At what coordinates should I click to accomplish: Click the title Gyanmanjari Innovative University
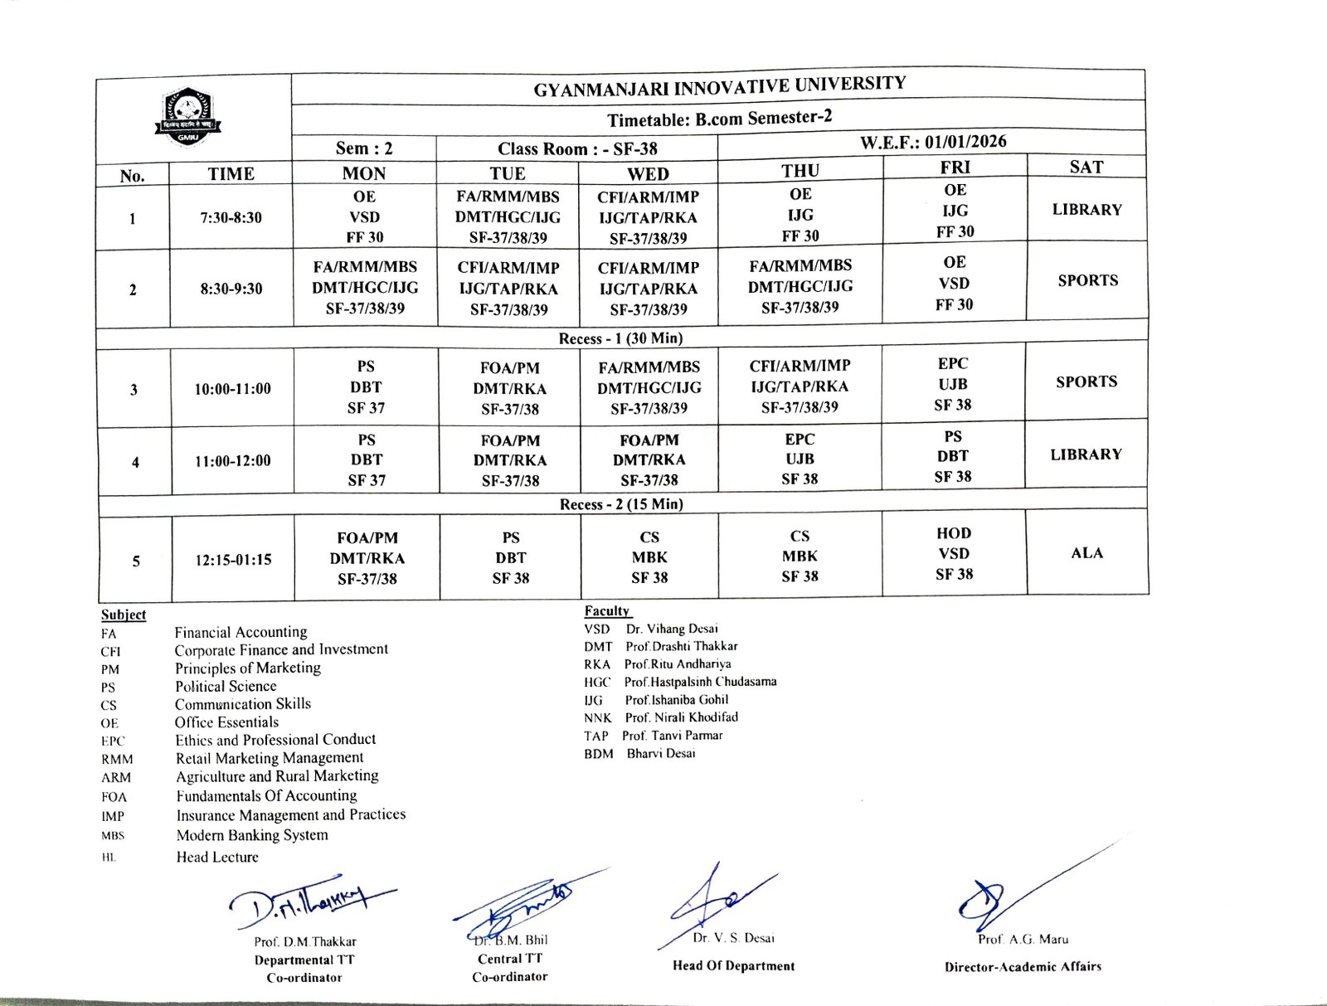[x=719, y=86]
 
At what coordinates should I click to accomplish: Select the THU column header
[x=800, y=170]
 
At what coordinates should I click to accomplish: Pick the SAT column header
[x=1086, y=167]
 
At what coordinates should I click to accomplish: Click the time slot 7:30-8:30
[x=231, y=218]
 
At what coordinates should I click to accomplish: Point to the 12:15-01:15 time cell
[x=233, y=560]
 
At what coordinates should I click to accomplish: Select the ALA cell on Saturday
[x=1086, y=553]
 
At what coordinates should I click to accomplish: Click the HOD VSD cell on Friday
[x=954, y=553]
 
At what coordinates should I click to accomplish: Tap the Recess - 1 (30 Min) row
[x=620, y=338]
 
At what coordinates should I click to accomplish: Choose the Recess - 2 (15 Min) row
[x=621, y=504]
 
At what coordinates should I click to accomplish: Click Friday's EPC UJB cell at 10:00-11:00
[x=953, y=384]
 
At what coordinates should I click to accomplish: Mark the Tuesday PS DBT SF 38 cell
[x=510, y=557]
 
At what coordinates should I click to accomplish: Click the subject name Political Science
[x=226, y=686]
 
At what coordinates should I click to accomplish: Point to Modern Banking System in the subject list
[x=252, y=835]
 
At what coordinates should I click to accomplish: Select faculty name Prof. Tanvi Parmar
[x=673, y=736]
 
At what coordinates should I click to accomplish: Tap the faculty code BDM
[x=598, y=754]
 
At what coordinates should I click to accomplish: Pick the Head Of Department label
[x=733, y=965]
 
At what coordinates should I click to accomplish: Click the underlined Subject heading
[x=124, y=615]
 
